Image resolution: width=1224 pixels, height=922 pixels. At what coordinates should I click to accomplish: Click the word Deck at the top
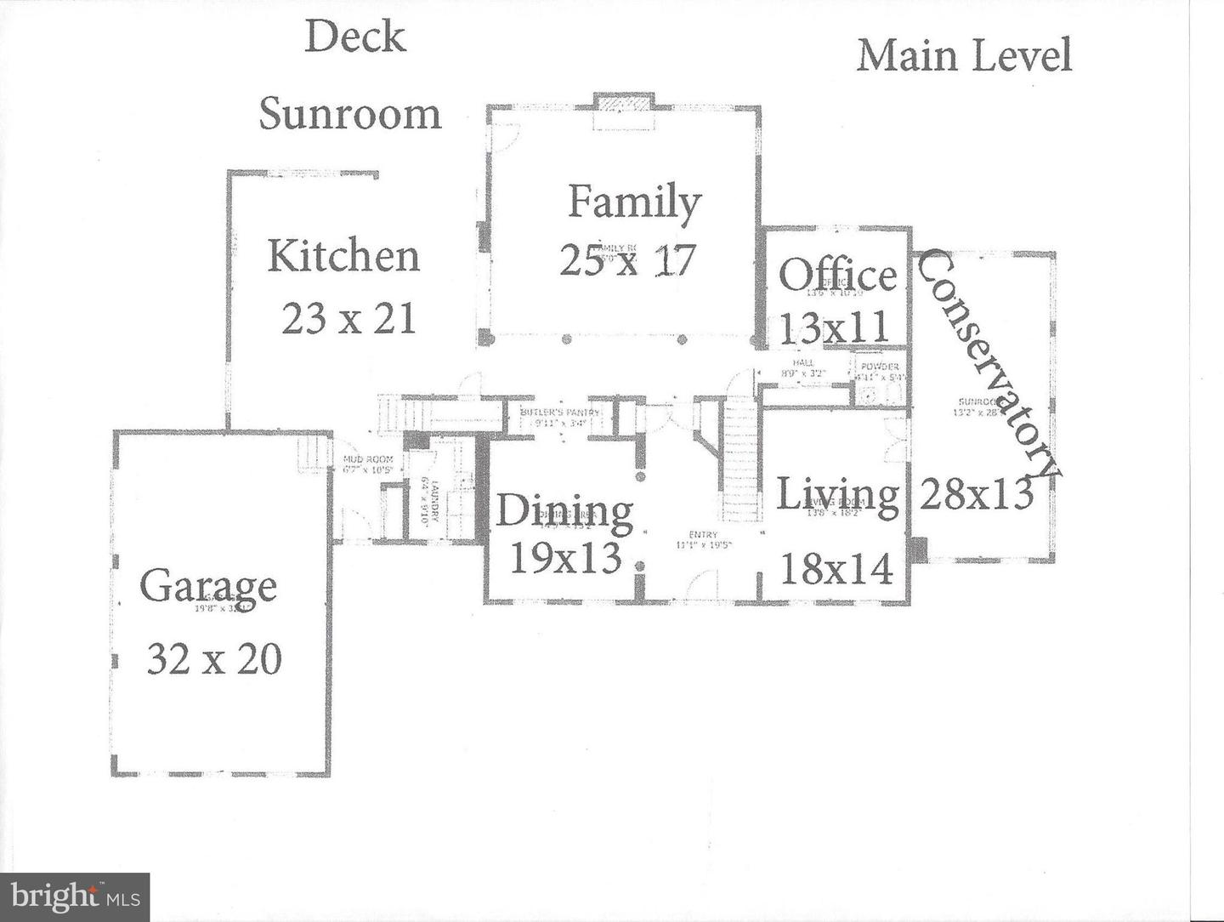click(355, 37)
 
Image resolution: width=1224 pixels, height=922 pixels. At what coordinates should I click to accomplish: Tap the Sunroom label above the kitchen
click(350, 114)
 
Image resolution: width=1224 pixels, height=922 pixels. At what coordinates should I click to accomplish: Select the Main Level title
click(964, 56)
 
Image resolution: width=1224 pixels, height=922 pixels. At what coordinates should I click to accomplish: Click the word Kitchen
click(343, 256)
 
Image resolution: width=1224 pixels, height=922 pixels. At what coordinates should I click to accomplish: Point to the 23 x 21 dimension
click(348, 319)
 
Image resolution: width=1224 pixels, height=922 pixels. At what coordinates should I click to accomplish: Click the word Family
click(634, 202)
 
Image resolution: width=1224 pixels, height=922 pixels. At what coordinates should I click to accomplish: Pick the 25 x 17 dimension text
click(628, 259)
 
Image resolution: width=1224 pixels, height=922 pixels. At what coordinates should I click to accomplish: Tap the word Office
click(837, 275)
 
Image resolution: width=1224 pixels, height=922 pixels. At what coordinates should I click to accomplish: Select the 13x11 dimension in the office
click(834, 327)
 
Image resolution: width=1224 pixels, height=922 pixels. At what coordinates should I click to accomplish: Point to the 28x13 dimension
click(977, 492)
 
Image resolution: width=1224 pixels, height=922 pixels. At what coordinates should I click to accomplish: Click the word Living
click(838, 494)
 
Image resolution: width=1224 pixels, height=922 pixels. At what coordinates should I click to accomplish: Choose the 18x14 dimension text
click(836, 568)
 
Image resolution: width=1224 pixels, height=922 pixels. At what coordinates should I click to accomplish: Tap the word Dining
click(564, 510)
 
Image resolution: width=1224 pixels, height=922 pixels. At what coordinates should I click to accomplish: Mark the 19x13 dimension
click(565, 558)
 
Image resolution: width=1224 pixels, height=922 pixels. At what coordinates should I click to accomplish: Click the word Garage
click(208, 586)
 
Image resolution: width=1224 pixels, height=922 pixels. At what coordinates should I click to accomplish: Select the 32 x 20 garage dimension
click(214, 658)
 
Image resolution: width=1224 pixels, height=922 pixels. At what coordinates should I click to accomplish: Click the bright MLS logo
click(75, 896)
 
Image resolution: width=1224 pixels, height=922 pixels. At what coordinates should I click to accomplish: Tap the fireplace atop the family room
click(624, 112)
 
